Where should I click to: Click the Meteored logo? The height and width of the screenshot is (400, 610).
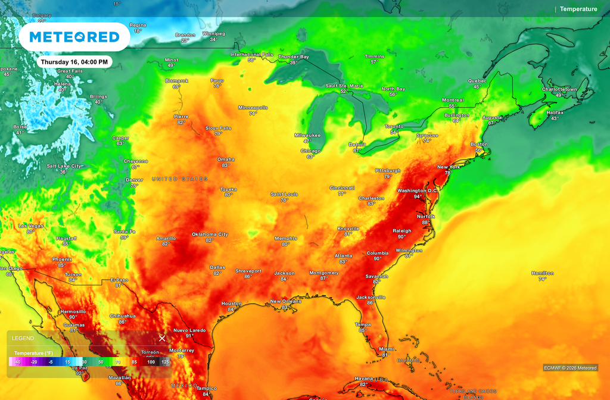(74, 37)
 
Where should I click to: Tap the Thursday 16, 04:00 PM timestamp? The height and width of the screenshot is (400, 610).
(74, 62)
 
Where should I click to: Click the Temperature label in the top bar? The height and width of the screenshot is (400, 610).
(578, 9)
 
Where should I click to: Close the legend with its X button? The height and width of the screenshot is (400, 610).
(161, 338)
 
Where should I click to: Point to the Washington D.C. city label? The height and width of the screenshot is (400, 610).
(418, 190)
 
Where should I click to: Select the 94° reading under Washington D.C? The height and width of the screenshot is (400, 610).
(418, 196)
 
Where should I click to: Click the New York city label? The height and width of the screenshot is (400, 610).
(449, 167)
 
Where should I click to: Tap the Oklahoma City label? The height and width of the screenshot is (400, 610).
(210, 234)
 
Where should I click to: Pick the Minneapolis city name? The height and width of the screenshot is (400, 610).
(253, 107)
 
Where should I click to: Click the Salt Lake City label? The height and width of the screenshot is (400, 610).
(64, 166)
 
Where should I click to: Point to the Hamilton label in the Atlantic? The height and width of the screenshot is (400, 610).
(542, 273)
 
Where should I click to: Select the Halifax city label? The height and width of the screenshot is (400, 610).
(555, 112)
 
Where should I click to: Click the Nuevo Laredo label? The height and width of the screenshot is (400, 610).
(189, 330)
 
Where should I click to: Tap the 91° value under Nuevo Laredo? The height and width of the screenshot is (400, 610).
(189, 336)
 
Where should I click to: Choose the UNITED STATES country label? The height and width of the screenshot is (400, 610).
(180, 179)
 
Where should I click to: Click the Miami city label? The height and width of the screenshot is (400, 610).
(387, 349)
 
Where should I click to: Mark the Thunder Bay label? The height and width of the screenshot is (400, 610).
(294, 57)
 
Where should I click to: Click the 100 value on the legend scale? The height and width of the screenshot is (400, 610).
(151, 362)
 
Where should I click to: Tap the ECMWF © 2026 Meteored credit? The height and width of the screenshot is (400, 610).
(570, 368)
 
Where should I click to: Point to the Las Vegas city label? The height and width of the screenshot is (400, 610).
(30, 226)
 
